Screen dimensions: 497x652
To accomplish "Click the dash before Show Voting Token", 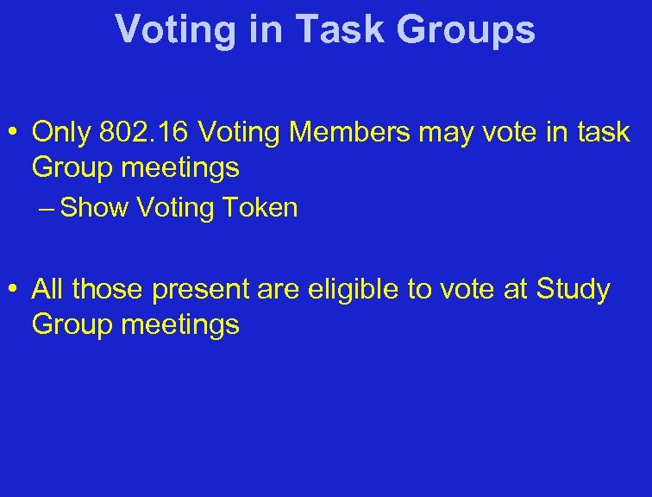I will coord(49,208).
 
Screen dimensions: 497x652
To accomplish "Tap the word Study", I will coord(573,291).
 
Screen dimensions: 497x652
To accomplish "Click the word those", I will coord(108,290).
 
